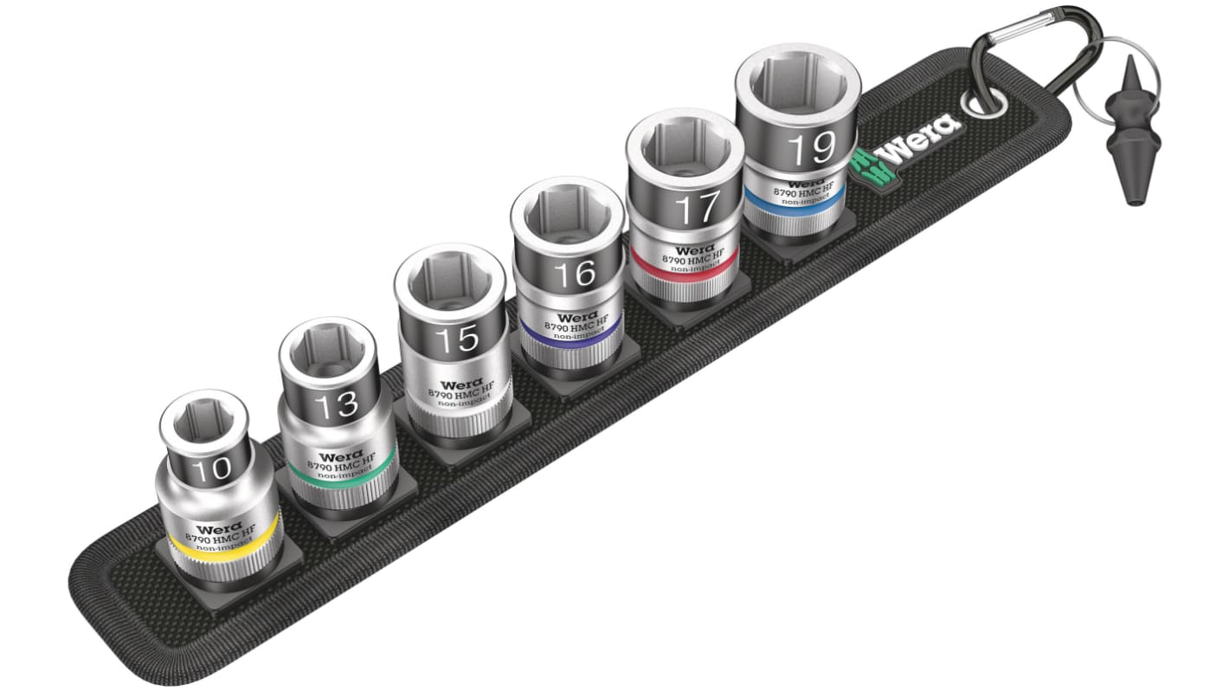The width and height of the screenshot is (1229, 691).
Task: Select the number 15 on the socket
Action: pos(456,339)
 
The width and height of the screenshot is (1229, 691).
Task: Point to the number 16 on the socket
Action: pos(575,274)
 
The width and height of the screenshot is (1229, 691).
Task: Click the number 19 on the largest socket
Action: pos(811,149)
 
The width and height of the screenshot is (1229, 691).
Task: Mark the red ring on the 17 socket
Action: pos(684,265)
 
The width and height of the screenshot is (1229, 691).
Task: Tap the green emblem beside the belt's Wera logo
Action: pos(867,164)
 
